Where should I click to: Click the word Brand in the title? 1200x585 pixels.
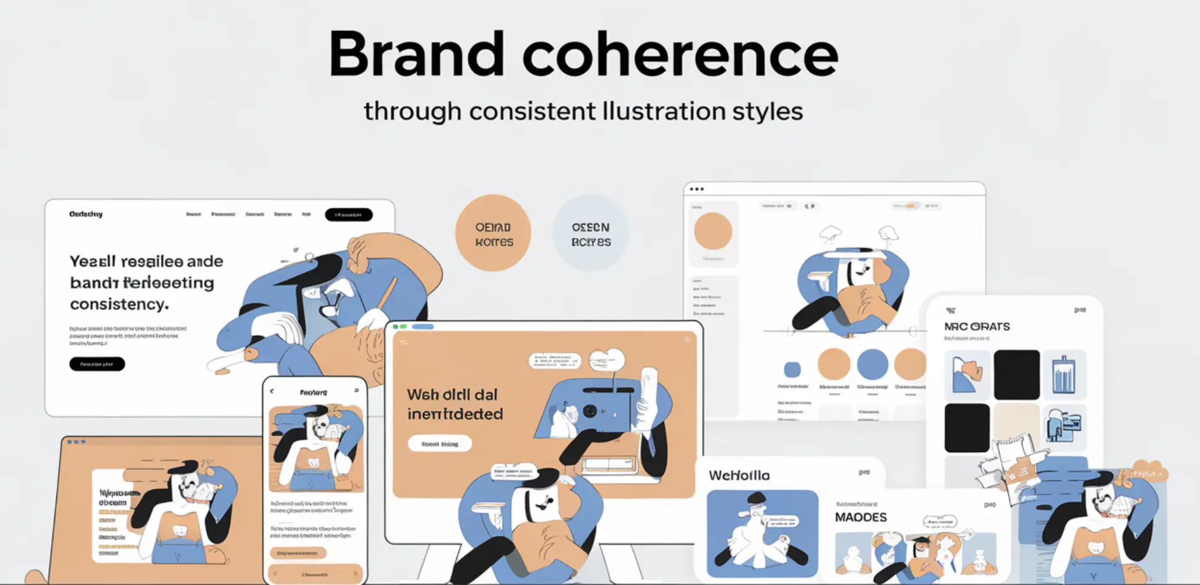coord(416,54)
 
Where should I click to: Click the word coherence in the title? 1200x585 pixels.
coord(680,54)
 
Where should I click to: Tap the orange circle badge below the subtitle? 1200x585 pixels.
coord(493,233)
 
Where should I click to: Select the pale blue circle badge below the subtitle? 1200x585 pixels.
coord(590,233)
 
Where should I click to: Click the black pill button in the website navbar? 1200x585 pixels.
coord(348,215)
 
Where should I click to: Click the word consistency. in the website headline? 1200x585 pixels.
coord(119,304)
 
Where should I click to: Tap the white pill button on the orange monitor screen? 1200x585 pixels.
coord(440,443)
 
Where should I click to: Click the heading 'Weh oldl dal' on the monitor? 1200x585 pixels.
coord(452,395)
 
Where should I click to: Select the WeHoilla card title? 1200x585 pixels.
coord(739,476)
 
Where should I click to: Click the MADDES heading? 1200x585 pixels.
coord(860,518)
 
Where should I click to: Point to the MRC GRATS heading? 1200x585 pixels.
coord(977,327)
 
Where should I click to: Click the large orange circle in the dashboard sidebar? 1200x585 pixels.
coord(713,231)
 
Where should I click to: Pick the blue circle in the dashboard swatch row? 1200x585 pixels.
coord(872,364)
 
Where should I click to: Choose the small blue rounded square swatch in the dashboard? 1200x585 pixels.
coord(792,370)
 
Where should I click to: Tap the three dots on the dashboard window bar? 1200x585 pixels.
coord(696,189)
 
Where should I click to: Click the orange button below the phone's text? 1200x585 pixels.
coord(298,552)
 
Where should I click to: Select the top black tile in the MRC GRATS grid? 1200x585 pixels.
coord(1016,374)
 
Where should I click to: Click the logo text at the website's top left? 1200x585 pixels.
coord(86,214)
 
